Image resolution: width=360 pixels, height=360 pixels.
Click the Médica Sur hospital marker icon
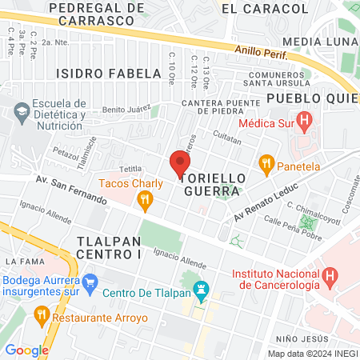tap(304, 122)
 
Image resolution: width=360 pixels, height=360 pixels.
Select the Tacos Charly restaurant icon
tap(145, 202)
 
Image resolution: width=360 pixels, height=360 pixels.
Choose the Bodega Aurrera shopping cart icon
tap(90, 282)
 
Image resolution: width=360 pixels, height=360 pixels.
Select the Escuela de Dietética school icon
tap(21, 110)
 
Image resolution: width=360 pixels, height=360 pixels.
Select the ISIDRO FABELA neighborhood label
tap(109, 74)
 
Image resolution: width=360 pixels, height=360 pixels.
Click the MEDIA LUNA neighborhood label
tap(318, 42)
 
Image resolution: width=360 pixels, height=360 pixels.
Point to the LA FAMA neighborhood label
tap(22, 262)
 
